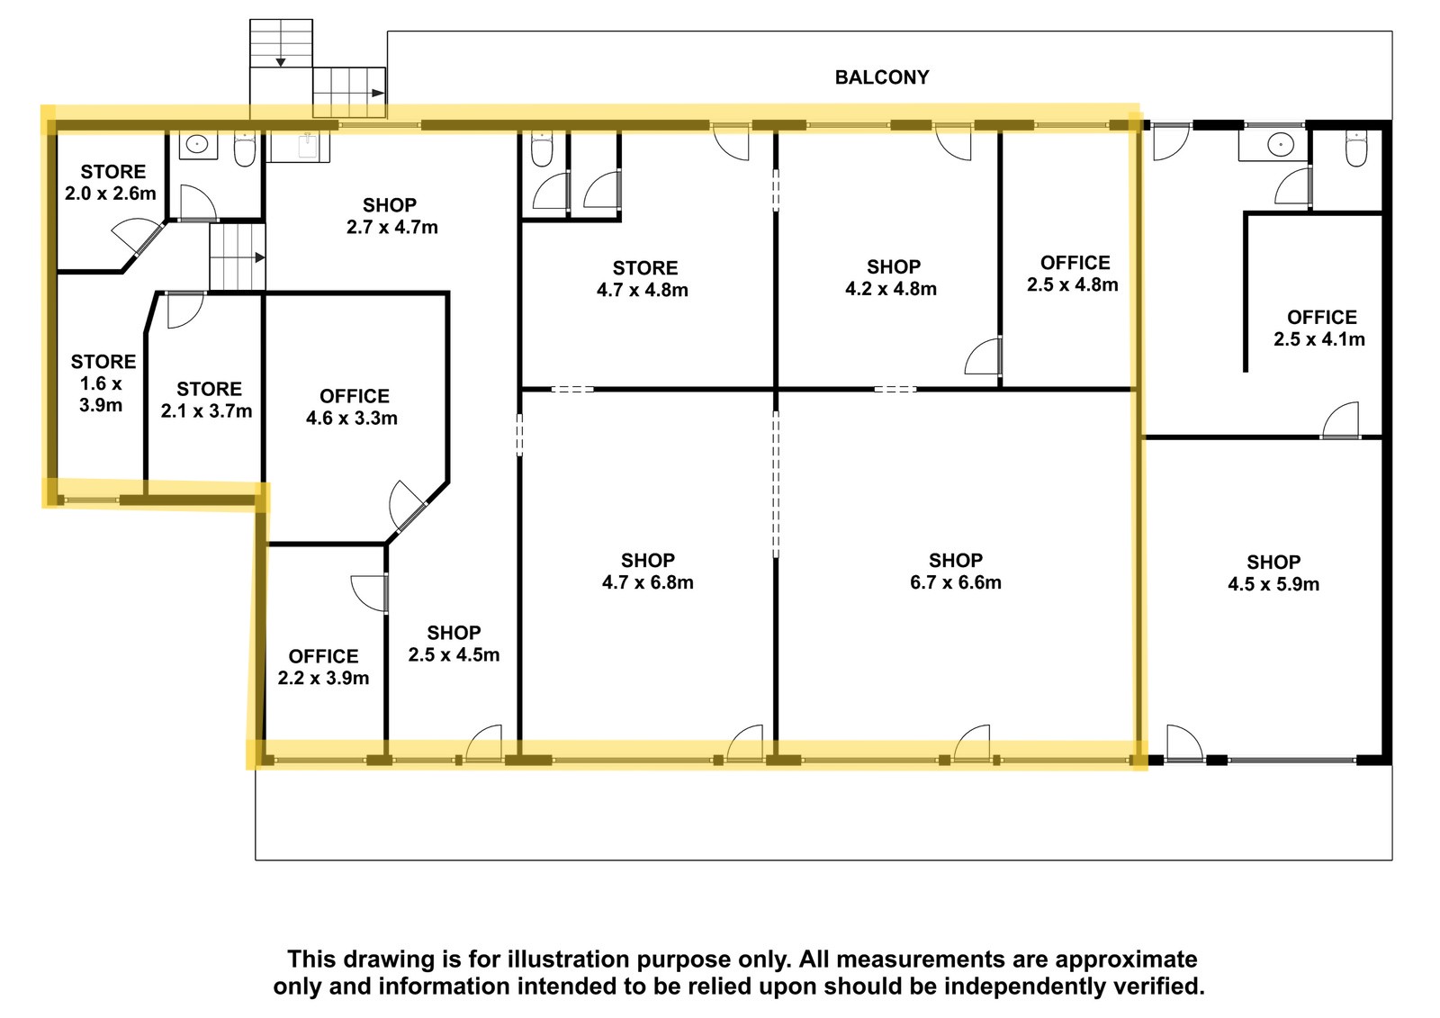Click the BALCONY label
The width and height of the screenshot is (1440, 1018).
(881, 77)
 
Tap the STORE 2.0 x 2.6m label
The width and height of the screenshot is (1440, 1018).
(112, 182)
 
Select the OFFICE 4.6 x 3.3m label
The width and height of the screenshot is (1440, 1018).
(352, 407)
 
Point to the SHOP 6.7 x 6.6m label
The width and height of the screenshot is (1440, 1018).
(955, 571)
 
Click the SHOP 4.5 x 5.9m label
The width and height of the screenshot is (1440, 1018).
(1273, 573)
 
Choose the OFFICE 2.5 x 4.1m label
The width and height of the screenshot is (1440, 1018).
(1319, 328)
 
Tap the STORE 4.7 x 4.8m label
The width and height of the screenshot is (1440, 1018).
(643, 278)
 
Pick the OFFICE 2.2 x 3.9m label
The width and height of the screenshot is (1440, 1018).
(323, 667)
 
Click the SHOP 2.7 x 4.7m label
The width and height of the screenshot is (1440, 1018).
(392, 215)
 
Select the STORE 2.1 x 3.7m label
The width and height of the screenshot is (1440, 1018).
(207, 400)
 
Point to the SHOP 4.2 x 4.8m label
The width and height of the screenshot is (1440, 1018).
(891, 277)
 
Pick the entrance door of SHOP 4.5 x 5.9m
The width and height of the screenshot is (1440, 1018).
(1184, 743)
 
